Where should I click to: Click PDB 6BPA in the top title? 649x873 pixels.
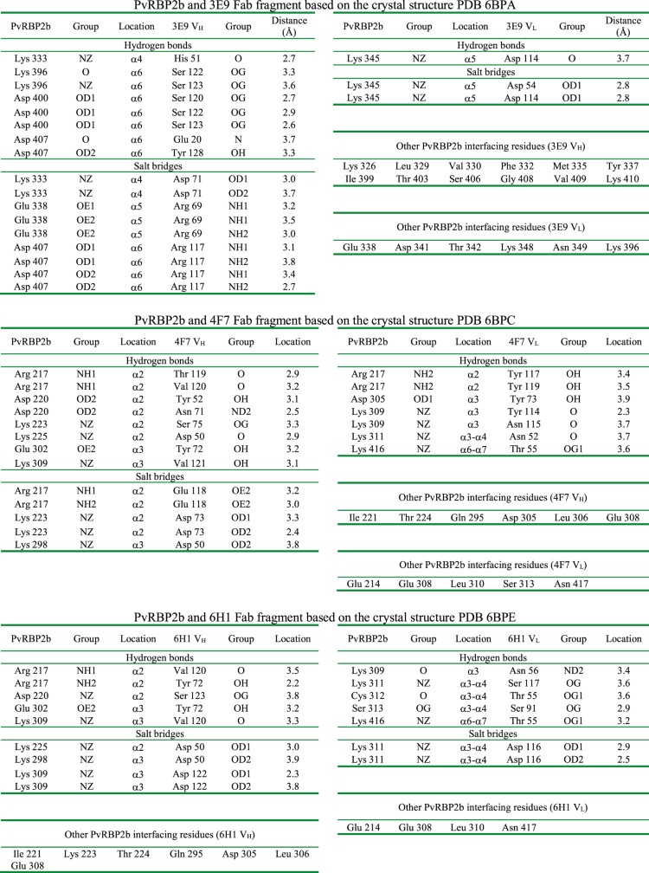click(458, 6)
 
